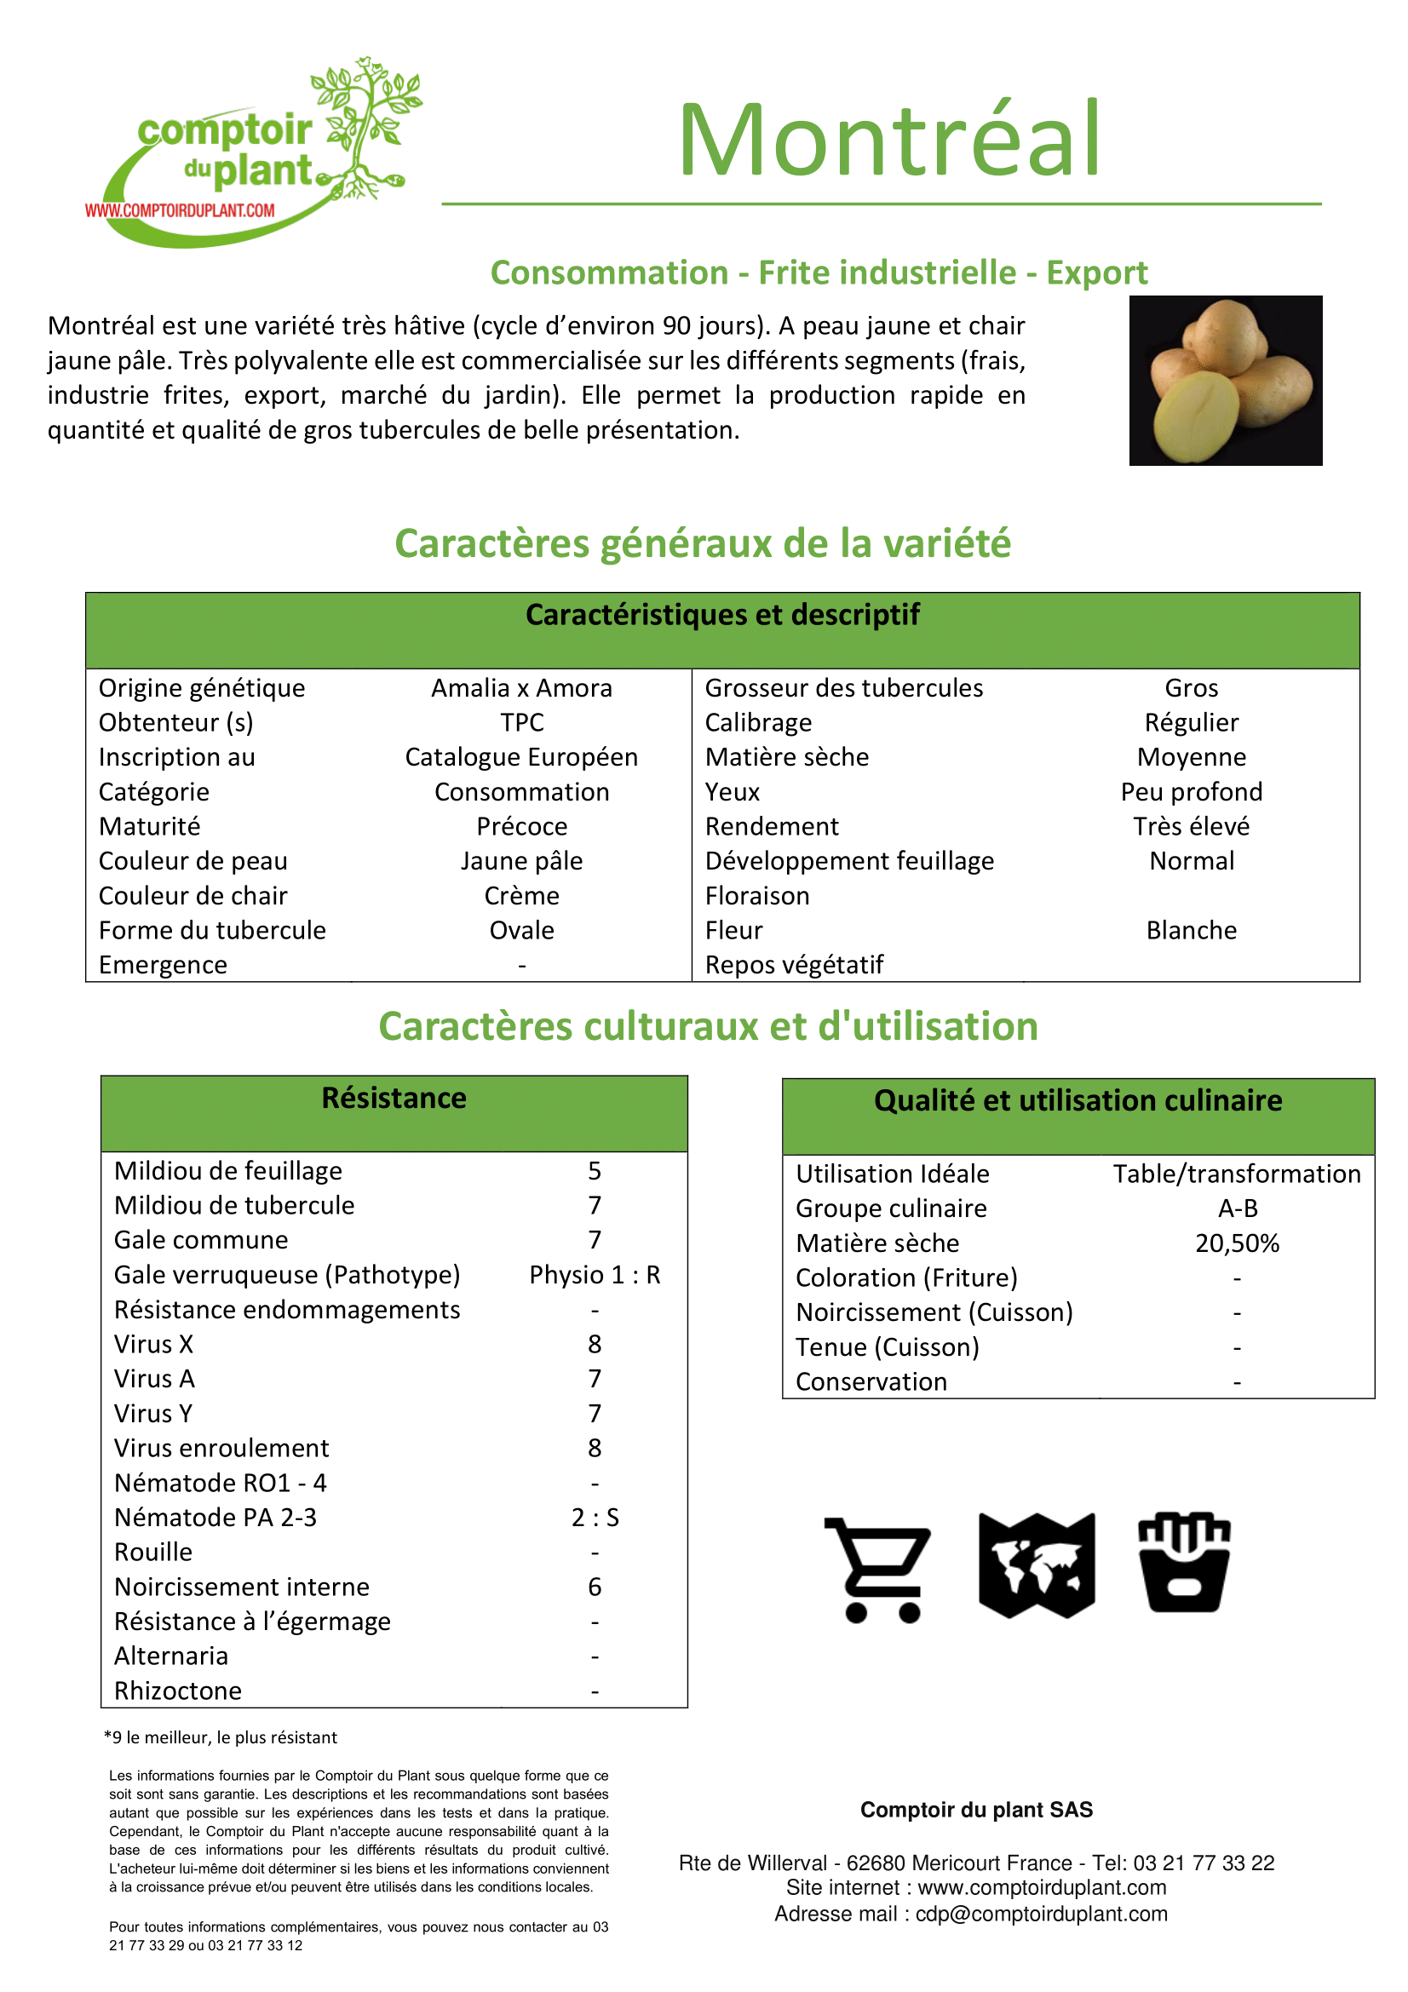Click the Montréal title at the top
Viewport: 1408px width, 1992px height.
coord(888,139)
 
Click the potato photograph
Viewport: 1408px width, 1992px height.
coord(1225,380)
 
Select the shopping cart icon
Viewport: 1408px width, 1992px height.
coord(878,1570)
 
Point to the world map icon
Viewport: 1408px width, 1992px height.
coord(1036,1566)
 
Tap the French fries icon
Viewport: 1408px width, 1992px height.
coord(1184,1563)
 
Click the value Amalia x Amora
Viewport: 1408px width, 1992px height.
coord(521,688)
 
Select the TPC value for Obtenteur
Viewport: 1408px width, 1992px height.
coord(521,723)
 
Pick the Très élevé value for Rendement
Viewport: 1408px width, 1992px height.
coord(1191,826)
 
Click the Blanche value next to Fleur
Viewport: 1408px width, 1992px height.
coord(1191,930)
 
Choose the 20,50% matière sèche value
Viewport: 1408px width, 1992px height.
coord(1236,1243)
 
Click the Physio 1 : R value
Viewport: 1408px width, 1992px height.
coord(595,1275)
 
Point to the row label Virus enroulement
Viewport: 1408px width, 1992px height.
coord(221,1448)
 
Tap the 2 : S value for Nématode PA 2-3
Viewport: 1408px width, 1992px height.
coord(595,1518)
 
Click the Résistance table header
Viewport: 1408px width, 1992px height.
coord(394,1099)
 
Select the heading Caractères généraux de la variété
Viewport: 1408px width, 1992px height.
coord(703,544)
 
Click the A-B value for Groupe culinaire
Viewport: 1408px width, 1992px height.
coord(1237,1208)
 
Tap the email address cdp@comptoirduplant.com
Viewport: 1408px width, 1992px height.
coord(1041,1914)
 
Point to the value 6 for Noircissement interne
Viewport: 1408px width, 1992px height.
coord(595,1587)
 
